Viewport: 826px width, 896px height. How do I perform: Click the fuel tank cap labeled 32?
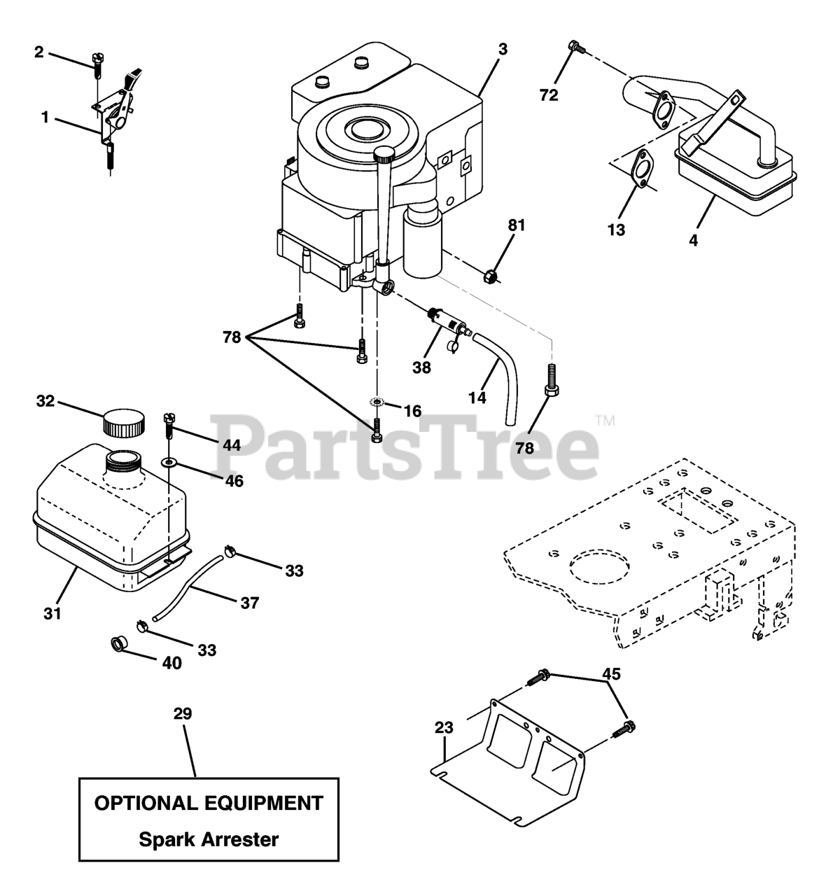pos(124,423)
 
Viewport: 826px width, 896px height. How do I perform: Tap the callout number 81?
pos(517,225)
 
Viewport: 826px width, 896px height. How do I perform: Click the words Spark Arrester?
pos(209,839)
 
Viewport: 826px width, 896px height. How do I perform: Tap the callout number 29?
pos(183,714)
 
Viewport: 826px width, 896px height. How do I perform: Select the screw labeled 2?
pos(97,69)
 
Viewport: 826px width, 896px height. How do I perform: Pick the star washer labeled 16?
pos(377,402)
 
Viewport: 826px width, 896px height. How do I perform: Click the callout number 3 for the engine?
pos(503,50)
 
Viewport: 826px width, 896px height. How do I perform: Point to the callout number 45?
pos(611,674)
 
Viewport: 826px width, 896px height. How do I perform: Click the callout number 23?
pos(444,728)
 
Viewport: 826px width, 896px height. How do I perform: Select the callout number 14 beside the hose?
pos(477,398)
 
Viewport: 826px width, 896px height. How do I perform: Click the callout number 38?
pos(421,367)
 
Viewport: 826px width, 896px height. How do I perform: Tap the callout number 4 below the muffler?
pos(693,240)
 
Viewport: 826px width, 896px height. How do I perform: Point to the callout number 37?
pos(249,602)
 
